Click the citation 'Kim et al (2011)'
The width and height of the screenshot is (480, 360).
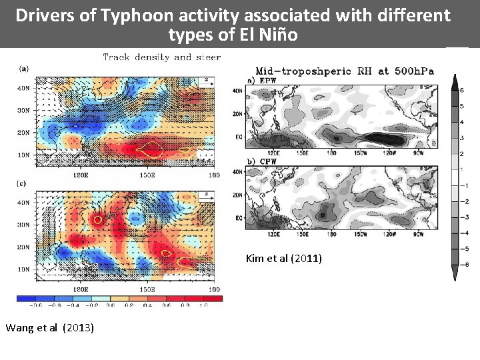pyautogui.click(x=283, y=258)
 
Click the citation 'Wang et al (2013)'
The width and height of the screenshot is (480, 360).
pyautogui.click(x=49, y=327)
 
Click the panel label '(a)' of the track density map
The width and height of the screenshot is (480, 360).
pyautogui.click(x=24, y=68)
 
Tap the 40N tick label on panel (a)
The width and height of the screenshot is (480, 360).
pyautogui.click(x=23, y=88)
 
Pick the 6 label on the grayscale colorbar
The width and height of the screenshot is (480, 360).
pyautogui.click(x=462, y=90)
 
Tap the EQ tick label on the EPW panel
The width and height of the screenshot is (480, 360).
pyautogui.click(x=238, y=137)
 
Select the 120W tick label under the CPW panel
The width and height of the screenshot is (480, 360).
pyautogui.click(x=389, y=234)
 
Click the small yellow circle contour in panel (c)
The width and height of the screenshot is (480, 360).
pyautogui.click(x=97, y=219)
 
